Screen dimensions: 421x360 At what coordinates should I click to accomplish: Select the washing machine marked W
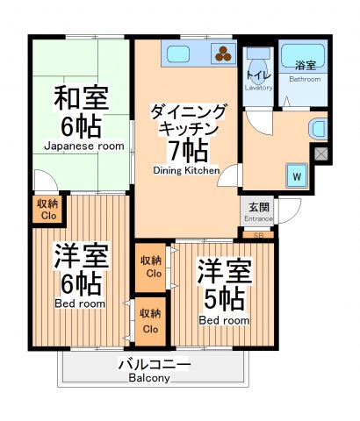(297, 175)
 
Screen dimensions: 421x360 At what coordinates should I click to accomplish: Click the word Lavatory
(259, 87)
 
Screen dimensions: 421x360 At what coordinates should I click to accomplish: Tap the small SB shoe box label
(258, 235)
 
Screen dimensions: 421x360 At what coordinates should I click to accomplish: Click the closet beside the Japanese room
(47, 209)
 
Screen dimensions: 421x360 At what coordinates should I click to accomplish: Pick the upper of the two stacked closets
(150, 268)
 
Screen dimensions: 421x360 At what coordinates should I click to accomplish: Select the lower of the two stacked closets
(150, 322)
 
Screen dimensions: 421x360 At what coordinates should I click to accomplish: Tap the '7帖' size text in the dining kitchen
(188, 148)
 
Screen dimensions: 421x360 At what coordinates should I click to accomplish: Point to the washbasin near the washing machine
(317, 127)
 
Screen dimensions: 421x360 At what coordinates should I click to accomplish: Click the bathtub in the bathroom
(303, 54)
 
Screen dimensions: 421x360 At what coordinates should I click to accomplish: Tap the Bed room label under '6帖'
(81, 303)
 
